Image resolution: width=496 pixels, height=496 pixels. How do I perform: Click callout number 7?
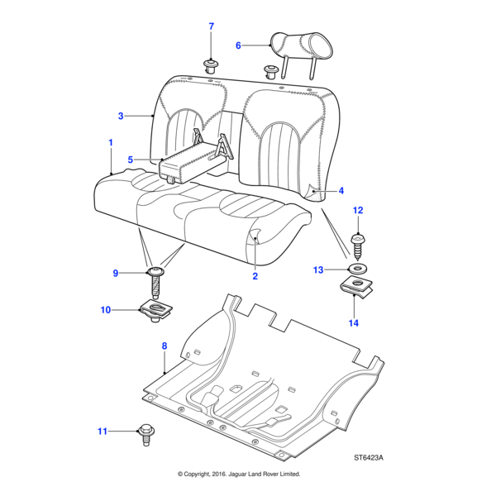pyautogui.click(x=211, y=27)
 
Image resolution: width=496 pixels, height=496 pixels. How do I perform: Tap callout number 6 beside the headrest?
pyautogui.click(x=238, y=45)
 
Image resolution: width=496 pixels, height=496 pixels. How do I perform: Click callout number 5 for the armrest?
pyautogui.click(x=130, y=159)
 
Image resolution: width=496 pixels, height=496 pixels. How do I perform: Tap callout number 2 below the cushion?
pyautogui.click(x=255, y=276)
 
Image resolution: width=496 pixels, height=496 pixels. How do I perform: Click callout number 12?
pyautogui.click(x=358, y=212)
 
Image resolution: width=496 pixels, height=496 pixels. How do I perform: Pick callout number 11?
pyautogui.click(x=103, y=431)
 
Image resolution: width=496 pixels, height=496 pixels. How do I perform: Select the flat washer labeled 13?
pyautogui.click(x=358, y=269)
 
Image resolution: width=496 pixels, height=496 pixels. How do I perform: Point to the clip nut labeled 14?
pyautogui.click(x=357, y=289)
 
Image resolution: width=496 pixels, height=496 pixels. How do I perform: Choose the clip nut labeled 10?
pyautogui.click(x=155, y=311)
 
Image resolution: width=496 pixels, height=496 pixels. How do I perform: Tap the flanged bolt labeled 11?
pyautogui.click(x=146, y=431)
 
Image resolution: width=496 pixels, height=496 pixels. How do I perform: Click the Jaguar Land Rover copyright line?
pyautogui.click(x=239, y=475)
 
